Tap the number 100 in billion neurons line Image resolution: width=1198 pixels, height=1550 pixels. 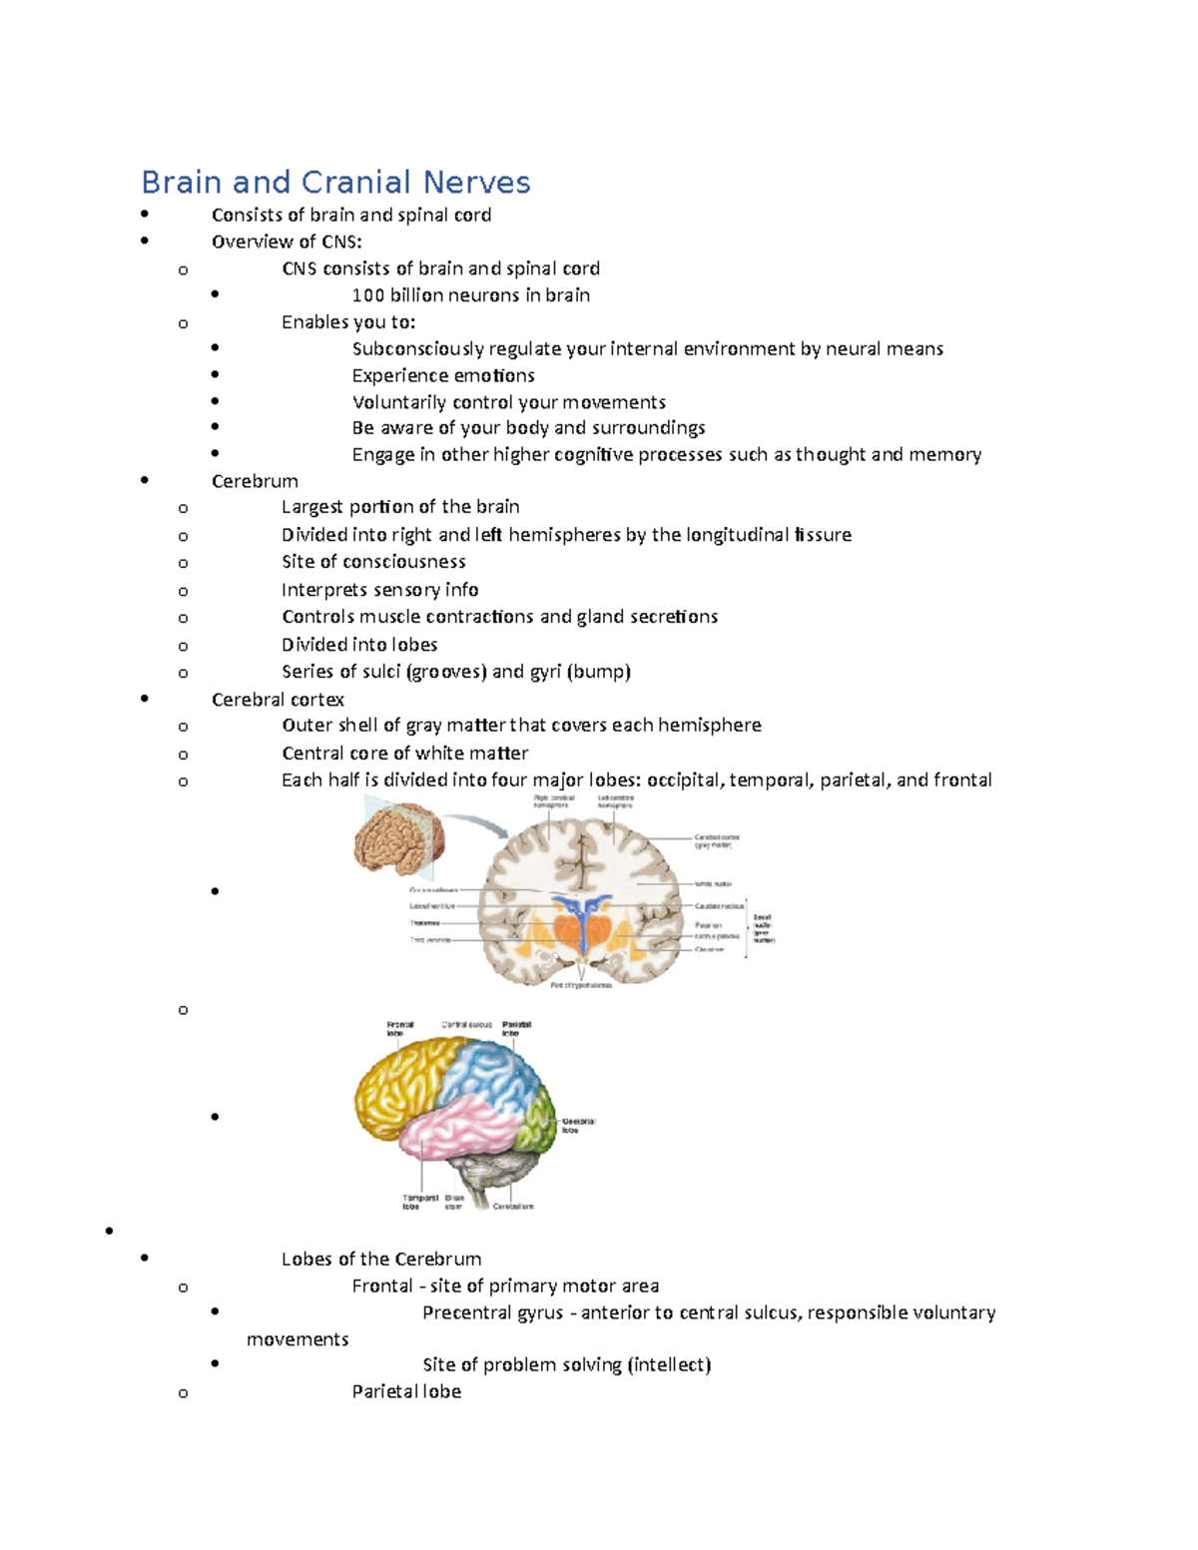coord(368,295)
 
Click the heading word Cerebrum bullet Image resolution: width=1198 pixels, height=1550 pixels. coord(255,481)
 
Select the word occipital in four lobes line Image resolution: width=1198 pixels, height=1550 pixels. coord(685,779)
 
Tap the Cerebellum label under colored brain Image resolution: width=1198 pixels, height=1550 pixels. coord(513,1206)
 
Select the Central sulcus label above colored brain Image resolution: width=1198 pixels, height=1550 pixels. coord(466,1025)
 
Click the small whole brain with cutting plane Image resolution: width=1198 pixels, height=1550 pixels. coord(396,838)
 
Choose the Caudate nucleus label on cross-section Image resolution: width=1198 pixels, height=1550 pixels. coord(719,906)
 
